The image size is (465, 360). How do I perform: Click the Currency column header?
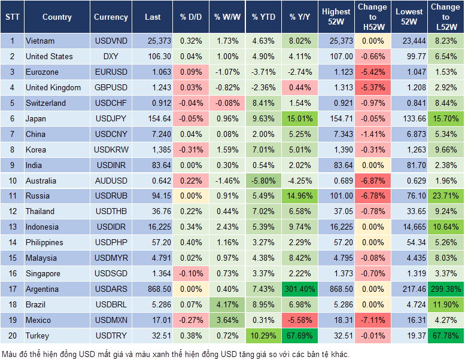(111, 17)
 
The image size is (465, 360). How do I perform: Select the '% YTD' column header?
(263, 17)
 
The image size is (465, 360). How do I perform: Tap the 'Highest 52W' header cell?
(336, 17)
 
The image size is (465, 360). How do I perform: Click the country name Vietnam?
(40, 41)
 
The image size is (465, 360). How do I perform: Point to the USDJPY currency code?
(111, 118)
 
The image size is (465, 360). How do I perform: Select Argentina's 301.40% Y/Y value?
(299, 289)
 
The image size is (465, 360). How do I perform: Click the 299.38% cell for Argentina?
(445, 289)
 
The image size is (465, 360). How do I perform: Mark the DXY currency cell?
(111, 56)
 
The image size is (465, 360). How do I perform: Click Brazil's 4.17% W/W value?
(227, 304)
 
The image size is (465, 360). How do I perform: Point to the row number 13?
(12, 227)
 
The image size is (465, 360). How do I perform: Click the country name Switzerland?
(45, 103)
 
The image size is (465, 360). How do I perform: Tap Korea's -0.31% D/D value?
(191, 150)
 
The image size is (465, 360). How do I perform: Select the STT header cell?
(12, 17)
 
